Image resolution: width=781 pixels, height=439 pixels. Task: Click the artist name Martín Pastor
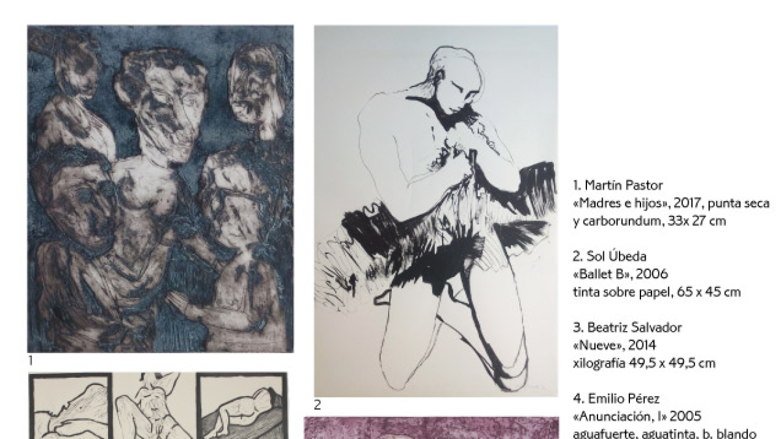pyautogui.click(x=623, y=185)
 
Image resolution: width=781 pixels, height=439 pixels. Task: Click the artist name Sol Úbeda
pyautogui.click(x=616, y=256)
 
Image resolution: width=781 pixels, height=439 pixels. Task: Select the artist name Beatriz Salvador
pyautogui.click(x=634, y=328)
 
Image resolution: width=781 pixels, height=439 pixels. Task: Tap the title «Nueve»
pyautogui.click(x=597, y=345)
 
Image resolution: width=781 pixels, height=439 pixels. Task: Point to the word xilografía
pyautogui.click(x=599, y=364)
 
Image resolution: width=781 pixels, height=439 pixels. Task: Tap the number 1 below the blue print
pyautogui.click(x=31, y=360)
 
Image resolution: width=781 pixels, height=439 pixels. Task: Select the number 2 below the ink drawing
pyautogui.click(x=318, y=405)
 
